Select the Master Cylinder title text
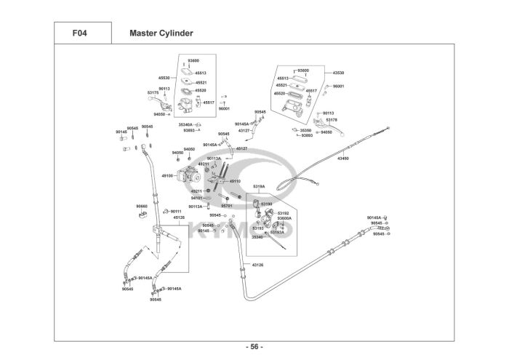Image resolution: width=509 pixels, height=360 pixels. [x=161, y=33]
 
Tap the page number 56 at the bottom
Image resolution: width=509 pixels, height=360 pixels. [x=254, y=345]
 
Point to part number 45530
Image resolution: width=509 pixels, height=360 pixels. [x=164, y=77]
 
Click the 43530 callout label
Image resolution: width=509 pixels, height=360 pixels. [x=338, y=73]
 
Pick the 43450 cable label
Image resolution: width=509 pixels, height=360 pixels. [x=343, y=158]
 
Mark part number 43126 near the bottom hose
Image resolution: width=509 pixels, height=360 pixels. [x=257, y=265]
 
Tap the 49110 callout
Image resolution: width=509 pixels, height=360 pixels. [x=234, y=181]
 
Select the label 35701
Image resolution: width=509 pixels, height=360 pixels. [x=227, y=206]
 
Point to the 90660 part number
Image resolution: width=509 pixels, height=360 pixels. [x=141, y=206]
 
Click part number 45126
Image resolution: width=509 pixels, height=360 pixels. [x=179, y=217]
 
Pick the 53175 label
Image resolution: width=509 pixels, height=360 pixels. [x=153, y=93]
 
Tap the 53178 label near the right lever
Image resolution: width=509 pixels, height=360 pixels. [x=332, y=119]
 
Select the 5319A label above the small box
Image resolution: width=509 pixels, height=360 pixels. [x=259, y=187]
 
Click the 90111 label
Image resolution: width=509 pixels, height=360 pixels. [x=176, y=211]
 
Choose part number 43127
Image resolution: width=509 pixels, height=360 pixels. [x=244, y=130]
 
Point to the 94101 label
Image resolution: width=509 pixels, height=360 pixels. [x=196, y=198]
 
